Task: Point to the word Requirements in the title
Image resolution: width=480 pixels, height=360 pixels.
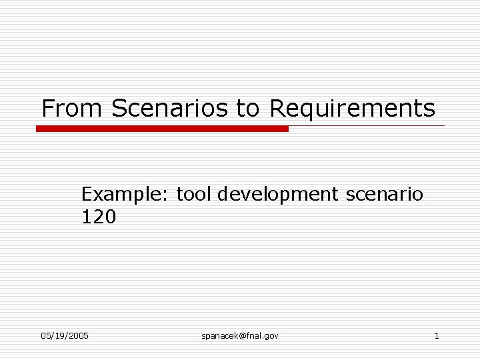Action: point(352,109)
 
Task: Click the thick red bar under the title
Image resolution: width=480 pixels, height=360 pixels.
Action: point(162,129)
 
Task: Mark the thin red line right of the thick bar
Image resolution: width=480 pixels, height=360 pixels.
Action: point(367,125)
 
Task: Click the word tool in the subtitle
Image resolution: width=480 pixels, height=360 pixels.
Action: point(193,195)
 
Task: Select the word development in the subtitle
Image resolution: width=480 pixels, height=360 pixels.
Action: point(278,195)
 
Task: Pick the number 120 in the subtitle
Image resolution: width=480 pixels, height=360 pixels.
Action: point(98,217)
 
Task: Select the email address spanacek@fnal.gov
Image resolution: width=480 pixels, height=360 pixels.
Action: point(240,335)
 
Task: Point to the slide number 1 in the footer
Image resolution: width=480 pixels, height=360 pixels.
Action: point(437,335)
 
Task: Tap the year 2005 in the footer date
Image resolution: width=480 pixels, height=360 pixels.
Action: point(78,335)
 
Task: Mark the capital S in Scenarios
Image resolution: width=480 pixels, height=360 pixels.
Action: point(119,108)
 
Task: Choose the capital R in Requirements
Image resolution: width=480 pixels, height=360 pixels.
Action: point(277,108)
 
